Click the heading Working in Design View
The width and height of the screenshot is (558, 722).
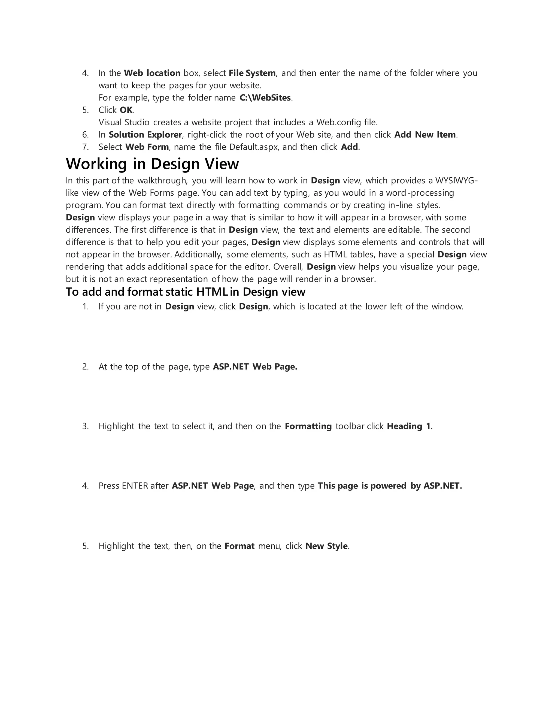[x=152, y=164]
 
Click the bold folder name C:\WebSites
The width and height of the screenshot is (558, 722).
[x=265, y=98]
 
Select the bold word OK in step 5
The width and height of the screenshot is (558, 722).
[x=126, y=110]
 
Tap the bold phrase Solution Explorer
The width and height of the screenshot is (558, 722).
[x=145, y=135]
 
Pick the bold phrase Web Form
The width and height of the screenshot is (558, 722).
[x=147, y=147]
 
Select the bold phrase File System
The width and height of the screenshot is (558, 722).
[x=252, y=73]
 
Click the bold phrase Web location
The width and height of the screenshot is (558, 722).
[x=152, y=73]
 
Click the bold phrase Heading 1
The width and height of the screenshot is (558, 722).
[x=409, y=426]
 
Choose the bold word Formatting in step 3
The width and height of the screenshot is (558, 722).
[x=308, y=426]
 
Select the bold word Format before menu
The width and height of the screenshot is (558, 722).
[x=239, y=546]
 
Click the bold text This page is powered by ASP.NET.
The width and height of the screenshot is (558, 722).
[x=390, y=486]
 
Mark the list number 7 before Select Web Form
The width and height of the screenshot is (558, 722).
[x=85, y=147]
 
